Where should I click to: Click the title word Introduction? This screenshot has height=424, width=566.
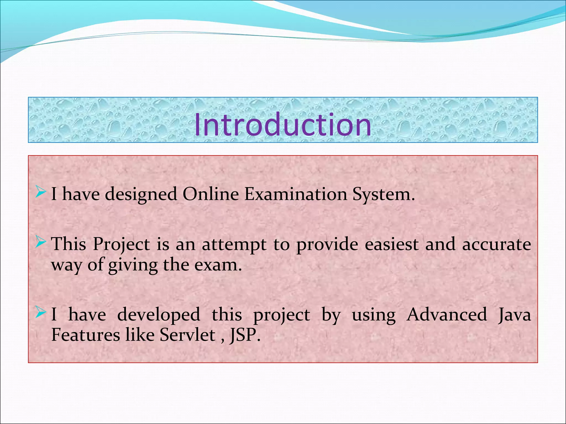coord(283,125)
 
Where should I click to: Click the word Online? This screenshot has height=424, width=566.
coord(211,194)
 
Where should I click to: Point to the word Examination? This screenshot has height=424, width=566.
coord(295,194)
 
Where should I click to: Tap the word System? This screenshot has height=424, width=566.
coord(383,195)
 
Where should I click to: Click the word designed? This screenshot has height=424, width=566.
coord(141,195)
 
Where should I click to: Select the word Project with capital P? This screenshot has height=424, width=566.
coord(121,245)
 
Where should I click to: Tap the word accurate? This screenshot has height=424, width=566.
coord(497,245)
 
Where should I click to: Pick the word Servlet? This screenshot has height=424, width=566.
coord(188,335)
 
